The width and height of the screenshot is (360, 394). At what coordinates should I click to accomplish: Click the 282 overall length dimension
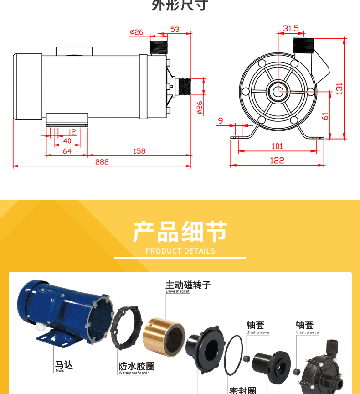coord(102,162)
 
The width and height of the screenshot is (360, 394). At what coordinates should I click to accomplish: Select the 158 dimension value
coord(139,151)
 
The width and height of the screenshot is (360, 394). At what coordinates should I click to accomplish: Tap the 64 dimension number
coord(67,151)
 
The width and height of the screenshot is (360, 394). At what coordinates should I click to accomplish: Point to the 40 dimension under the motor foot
coord(67,141)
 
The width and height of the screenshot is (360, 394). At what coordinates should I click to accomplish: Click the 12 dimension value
coord(72,131)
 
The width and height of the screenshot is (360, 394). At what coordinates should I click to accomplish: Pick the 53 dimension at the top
coord(175,30)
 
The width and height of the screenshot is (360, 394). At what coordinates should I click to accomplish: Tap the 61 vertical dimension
coord(325,116)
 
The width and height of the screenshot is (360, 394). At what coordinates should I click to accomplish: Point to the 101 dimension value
coord(277,146)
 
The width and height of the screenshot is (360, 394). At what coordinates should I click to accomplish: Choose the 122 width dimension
coord(277,161)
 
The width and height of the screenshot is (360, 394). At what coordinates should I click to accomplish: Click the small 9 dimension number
coord(221,121)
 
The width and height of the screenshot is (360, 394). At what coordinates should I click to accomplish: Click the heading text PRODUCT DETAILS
coord(180,251)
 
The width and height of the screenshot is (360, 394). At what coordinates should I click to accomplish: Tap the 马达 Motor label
coord(64,366)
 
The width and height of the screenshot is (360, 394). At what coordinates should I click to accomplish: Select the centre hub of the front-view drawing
coord(277,90)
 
